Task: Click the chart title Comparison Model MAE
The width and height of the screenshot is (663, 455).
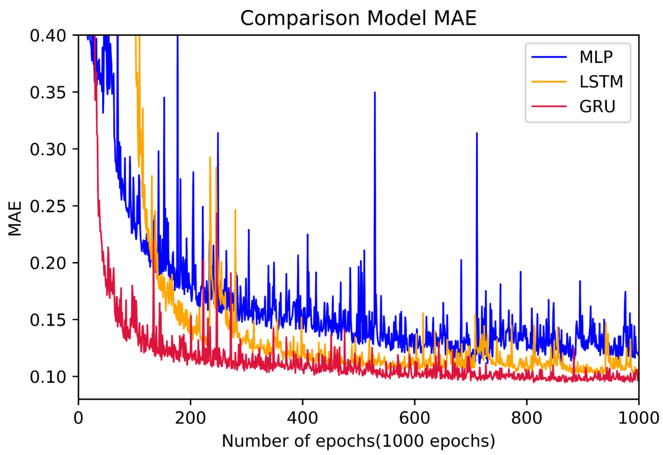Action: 358,18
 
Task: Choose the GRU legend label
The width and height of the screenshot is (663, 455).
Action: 597,106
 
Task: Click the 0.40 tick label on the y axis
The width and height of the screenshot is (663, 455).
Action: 48,36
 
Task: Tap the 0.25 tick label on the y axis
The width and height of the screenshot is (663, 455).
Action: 48,206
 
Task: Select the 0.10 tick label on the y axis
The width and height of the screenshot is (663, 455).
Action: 48,377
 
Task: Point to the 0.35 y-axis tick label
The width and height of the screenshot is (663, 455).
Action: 48,93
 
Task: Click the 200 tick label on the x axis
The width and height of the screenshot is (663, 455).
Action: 190,418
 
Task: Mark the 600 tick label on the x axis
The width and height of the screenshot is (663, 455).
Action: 414,418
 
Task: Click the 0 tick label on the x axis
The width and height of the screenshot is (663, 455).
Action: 78,418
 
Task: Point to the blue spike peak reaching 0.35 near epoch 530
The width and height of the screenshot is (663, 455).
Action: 375,92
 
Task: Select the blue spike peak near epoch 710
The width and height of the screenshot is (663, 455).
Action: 477,133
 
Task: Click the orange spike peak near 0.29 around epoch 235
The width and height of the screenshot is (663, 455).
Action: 210,157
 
